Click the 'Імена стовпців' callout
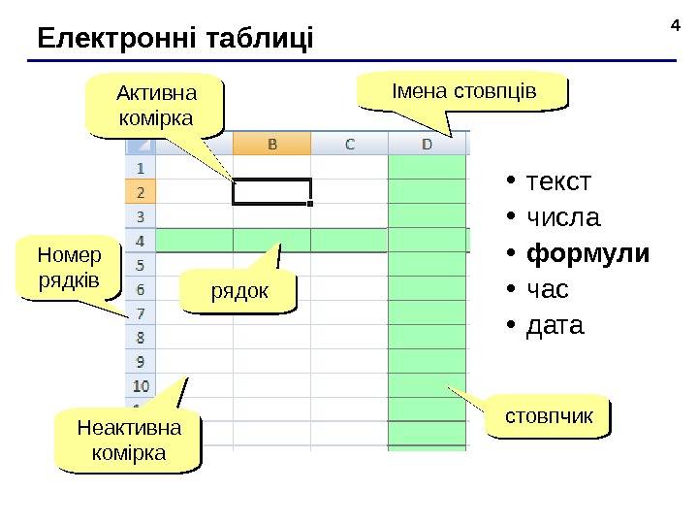[462, 91]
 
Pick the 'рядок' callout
[238, 291]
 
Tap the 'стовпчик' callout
[549, 415]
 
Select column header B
[271, 144]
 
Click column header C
[349, 144]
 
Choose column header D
[427, 144]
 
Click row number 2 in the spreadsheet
[141, 191]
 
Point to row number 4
[141, 240]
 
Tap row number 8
[141, 337]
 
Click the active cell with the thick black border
[271, 191]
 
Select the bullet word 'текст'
[557, 181]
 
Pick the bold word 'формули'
[587, 253]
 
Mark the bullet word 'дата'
[555, 325]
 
